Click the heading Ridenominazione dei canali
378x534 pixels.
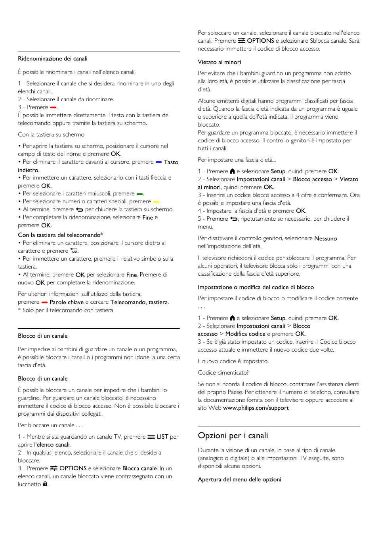53,59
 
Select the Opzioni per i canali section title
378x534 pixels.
233,436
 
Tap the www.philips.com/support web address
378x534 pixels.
256,408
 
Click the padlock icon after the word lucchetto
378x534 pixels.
45,484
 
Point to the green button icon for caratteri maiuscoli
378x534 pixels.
139,194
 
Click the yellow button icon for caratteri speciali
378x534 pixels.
156,202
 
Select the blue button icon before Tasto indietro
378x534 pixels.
158,162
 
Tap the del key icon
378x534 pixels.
74,250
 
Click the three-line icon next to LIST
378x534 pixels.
151,437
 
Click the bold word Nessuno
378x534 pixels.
325,239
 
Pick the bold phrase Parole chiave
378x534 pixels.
67,302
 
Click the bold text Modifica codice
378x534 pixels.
245,334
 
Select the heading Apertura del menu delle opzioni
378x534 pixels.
239,479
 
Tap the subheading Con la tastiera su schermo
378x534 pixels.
51,134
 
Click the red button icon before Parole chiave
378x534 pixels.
44,303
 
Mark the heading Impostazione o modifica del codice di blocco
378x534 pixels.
256,287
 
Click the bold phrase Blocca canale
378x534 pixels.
139,468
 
